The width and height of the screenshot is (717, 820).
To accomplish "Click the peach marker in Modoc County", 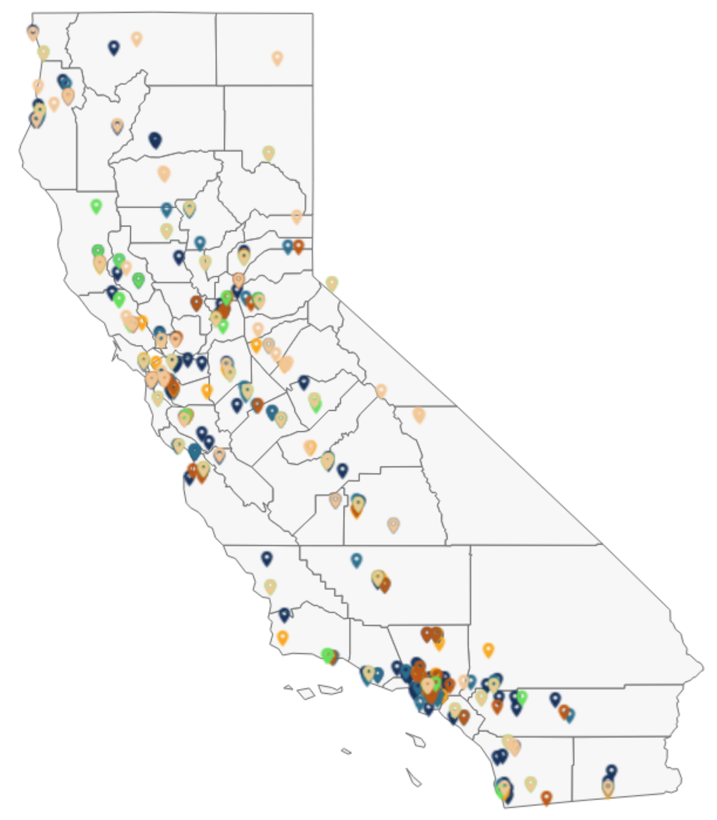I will pyautogui.click(x=277, y=58).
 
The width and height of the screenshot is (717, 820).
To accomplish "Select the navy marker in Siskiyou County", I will pyautogui.click(x=113, y=47).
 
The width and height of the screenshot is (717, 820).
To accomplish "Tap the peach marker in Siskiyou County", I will pyautogui.click(x=136, y=38).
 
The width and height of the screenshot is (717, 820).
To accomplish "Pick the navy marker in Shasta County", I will pyautogui.click(x=155, y=139).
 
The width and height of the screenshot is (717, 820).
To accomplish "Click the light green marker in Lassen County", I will pyautogui.click(x=268, y=153).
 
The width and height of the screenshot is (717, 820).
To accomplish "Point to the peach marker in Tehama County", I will pyautogui.click(x=164, y=173).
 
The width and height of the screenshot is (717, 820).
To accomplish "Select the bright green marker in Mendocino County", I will pyautogui.click(x=96, y=206).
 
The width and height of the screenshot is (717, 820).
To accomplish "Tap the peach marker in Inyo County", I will pyautogui.click(x=419, y=414).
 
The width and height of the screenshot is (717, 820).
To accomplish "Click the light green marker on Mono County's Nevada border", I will pyautogui.click(x=332, y=283).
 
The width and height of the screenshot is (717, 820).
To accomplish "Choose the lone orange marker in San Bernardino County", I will pyautogui.click(x=488, y=650).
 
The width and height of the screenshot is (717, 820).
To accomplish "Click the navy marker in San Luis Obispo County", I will pyautogui.click(x=267, y=558).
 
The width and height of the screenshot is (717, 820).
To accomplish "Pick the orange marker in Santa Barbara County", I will pyautogui.click(x=282, y=637).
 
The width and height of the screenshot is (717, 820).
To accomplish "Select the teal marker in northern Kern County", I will pyautogui.click(x=357, y=559).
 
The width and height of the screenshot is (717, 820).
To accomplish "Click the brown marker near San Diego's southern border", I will pyautogui.click(x=546, y=797).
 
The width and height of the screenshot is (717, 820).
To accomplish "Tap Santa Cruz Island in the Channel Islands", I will pyautogui.click(x=330, y=690).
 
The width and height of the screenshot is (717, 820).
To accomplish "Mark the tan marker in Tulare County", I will pyautogui.click(x=393, y=524).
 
